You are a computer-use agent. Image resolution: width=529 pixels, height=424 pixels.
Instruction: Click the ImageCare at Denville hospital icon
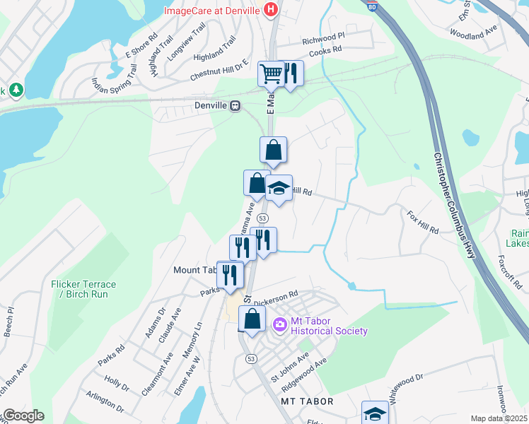point(269,10)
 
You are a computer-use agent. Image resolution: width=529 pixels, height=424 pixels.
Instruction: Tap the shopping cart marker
point(272,73)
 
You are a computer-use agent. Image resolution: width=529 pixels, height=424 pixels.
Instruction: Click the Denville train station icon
point(234,105)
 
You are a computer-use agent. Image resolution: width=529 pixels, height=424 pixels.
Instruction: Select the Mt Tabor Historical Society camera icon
point(279,324)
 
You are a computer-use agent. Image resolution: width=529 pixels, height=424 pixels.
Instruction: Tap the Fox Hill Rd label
point(422,221)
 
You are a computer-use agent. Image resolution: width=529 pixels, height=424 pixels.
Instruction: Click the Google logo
point(23,416)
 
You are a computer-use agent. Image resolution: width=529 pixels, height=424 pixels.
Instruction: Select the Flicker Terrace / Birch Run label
point(83,289)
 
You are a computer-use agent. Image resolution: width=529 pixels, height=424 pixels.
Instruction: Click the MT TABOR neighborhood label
point(307,401)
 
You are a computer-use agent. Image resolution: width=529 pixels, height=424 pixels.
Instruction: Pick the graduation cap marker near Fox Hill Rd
point(279,189)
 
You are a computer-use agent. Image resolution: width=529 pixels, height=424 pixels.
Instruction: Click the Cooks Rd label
point(325,49)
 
